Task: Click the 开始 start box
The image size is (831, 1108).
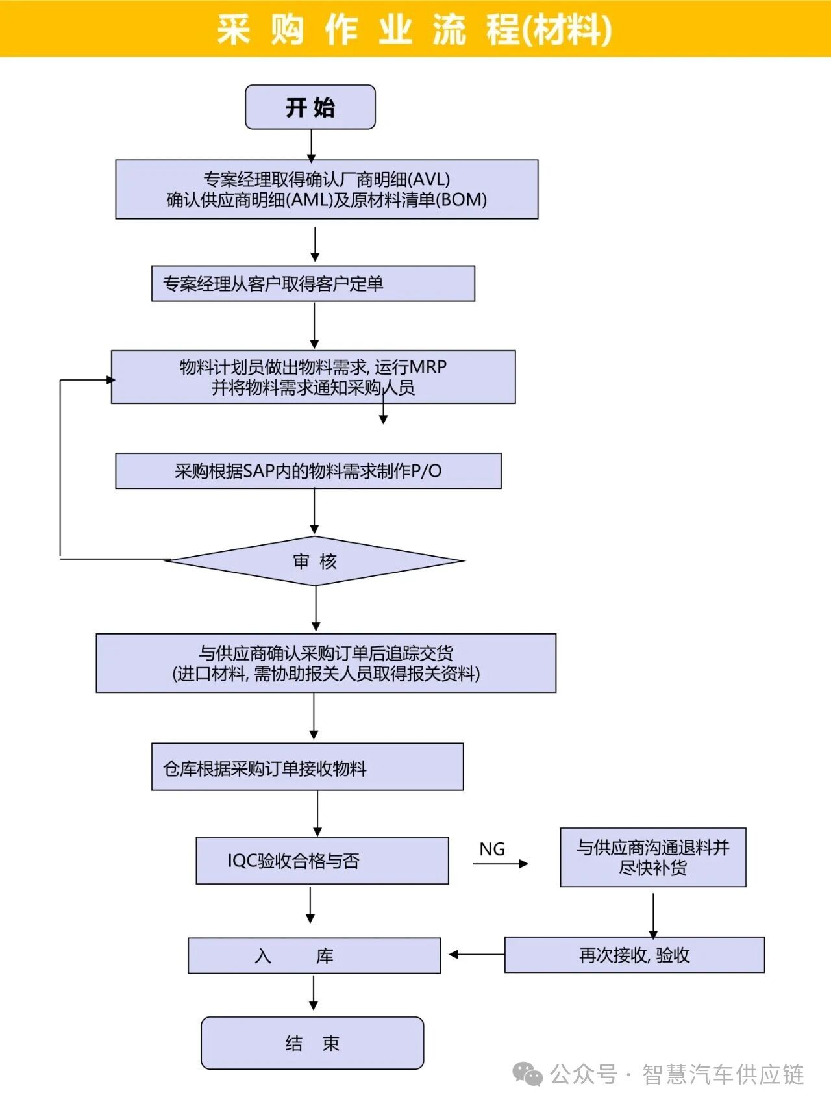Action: (310, 107)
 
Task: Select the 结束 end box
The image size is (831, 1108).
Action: (312, 1043)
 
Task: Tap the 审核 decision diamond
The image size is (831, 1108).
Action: (315, 561)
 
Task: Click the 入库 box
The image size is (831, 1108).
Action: (314, 955)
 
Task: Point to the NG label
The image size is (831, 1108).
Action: (492, 849)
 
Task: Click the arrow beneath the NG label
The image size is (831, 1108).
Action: (501, 864)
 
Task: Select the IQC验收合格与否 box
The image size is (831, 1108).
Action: (322, 861)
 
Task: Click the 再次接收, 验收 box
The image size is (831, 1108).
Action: (634, 955)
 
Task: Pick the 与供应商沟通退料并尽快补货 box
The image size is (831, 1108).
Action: (653, 857)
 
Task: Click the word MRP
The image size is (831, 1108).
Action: (428, 367)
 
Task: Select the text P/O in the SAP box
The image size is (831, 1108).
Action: (426, 471)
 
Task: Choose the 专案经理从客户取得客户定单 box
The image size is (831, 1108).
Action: (313, 284)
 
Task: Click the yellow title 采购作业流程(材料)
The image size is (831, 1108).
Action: (414, 29)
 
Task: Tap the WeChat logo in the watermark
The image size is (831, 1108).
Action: (527, 1074)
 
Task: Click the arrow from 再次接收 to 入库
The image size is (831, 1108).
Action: (476, 955)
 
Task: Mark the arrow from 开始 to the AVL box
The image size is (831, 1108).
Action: (311, 145)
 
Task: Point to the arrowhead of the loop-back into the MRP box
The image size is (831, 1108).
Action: (110, 380)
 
